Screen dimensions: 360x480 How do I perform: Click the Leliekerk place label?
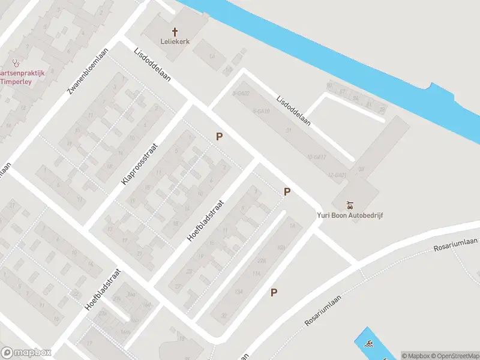(x=175, y=41)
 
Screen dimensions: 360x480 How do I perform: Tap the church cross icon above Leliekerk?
(x=175, y=31)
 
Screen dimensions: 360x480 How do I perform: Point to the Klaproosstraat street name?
(x=139, y=163)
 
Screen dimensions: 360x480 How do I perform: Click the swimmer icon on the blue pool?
(x=367, y=344)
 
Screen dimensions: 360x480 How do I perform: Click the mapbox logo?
(x=26, y=353)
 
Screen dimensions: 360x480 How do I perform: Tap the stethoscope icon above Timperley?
(x=16, y=62)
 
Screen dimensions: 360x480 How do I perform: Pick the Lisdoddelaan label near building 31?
(x=293, y=110)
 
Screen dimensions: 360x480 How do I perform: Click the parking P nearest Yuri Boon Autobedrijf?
(x=287, y=192)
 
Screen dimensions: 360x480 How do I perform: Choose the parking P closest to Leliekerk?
(x=220, y=137)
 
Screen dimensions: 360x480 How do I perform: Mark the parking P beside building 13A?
(x=274, y=293)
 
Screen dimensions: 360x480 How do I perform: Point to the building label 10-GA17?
(x=316, y=157)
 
